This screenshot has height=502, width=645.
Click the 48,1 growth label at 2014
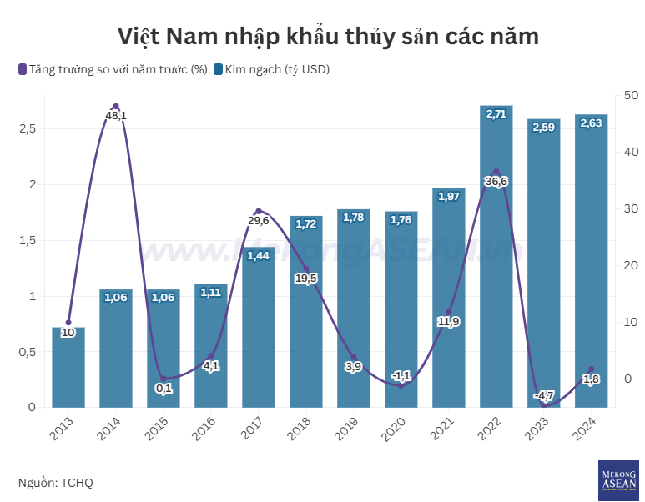pos(116,116)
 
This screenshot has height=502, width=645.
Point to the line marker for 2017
pos(259,212)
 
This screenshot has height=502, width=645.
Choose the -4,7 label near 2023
pos(544,394)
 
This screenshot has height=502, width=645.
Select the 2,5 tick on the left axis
pos(27,129)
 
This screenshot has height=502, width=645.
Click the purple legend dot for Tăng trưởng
pos(23,69)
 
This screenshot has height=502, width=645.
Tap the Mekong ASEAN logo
pos(618,480)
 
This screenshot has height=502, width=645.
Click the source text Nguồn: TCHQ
pos(56,483)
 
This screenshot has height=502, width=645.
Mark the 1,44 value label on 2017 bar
pos(259,255)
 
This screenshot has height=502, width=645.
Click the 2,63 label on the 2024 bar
pos(591,123)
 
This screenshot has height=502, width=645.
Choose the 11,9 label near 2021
pos(449,322)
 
